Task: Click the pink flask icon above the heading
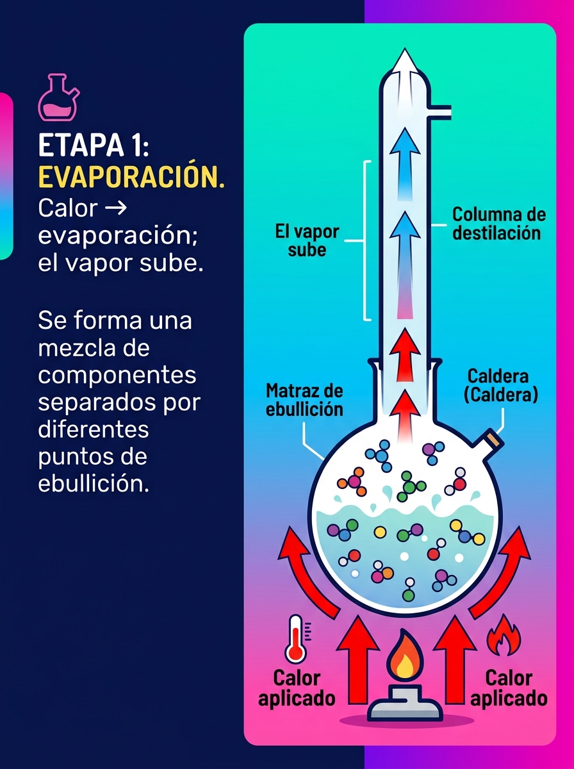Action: (58, 98)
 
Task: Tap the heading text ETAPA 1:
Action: (94, 145)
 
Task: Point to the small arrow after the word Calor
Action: (116, 208)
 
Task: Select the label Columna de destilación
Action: (498, 224)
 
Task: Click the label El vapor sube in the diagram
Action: (307, 241)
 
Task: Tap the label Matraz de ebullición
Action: (304, 400)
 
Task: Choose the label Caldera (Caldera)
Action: (501, 385)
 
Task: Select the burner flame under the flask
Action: (406, 655)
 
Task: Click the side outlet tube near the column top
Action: (440, 111)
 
